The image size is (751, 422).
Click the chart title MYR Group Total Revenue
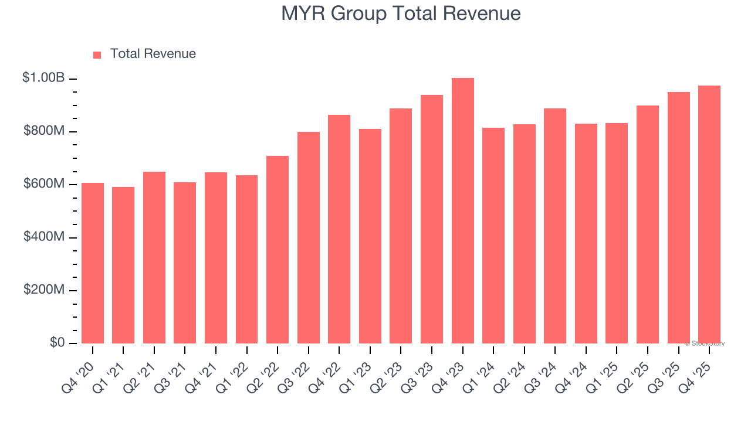point(401,13)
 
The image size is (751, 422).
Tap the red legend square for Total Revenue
point(97,55)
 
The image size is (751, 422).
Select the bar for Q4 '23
point(462,211)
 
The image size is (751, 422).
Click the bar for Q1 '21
point(123,265)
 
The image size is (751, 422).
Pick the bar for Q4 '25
point(709,215)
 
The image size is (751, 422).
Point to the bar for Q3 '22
point(309,237)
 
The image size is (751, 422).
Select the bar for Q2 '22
point(278,250)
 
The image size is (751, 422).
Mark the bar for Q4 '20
point(93,263)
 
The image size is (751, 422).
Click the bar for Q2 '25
point(647,224)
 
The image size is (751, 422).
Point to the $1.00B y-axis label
point(43,77)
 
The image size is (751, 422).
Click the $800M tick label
point(44,131)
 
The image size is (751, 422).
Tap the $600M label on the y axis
point(44,184)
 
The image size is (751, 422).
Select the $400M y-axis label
point(44,237)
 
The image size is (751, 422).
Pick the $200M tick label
point(44,290)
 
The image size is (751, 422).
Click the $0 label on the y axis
point(57,342)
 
